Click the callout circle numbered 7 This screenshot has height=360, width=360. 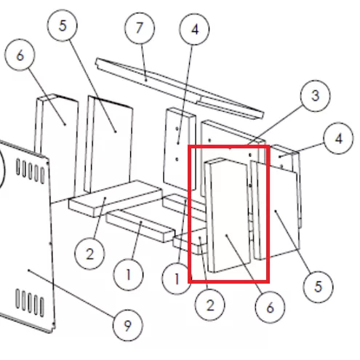[140, 28]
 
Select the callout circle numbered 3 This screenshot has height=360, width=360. [315, 95]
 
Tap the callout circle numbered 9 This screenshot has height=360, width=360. [128, 325]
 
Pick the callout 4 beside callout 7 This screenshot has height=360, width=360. [194, 29]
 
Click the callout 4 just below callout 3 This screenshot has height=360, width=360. [338, 138]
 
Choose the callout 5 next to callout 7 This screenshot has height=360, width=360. [63, 25]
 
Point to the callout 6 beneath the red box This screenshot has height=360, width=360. [270, 308]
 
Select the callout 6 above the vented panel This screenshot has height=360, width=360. [20, 55]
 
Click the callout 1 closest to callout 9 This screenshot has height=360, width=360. [128, 275]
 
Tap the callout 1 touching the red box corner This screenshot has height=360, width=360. [177, 279]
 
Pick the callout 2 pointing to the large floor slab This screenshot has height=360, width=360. [89, 254]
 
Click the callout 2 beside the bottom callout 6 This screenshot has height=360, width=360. [209, 305]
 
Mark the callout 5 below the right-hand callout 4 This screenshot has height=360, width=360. [318, 287]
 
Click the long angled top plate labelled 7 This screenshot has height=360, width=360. [180, 88]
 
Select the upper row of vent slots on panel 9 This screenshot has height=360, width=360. [31, 170]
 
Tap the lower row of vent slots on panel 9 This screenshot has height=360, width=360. [30, 303]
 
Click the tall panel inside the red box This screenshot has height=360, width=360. [228, 215]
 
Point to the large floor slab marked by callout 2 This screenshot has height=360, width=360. [115, 198]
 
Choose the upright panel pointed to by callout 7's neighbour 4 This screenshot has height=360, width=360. [180, 148]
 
